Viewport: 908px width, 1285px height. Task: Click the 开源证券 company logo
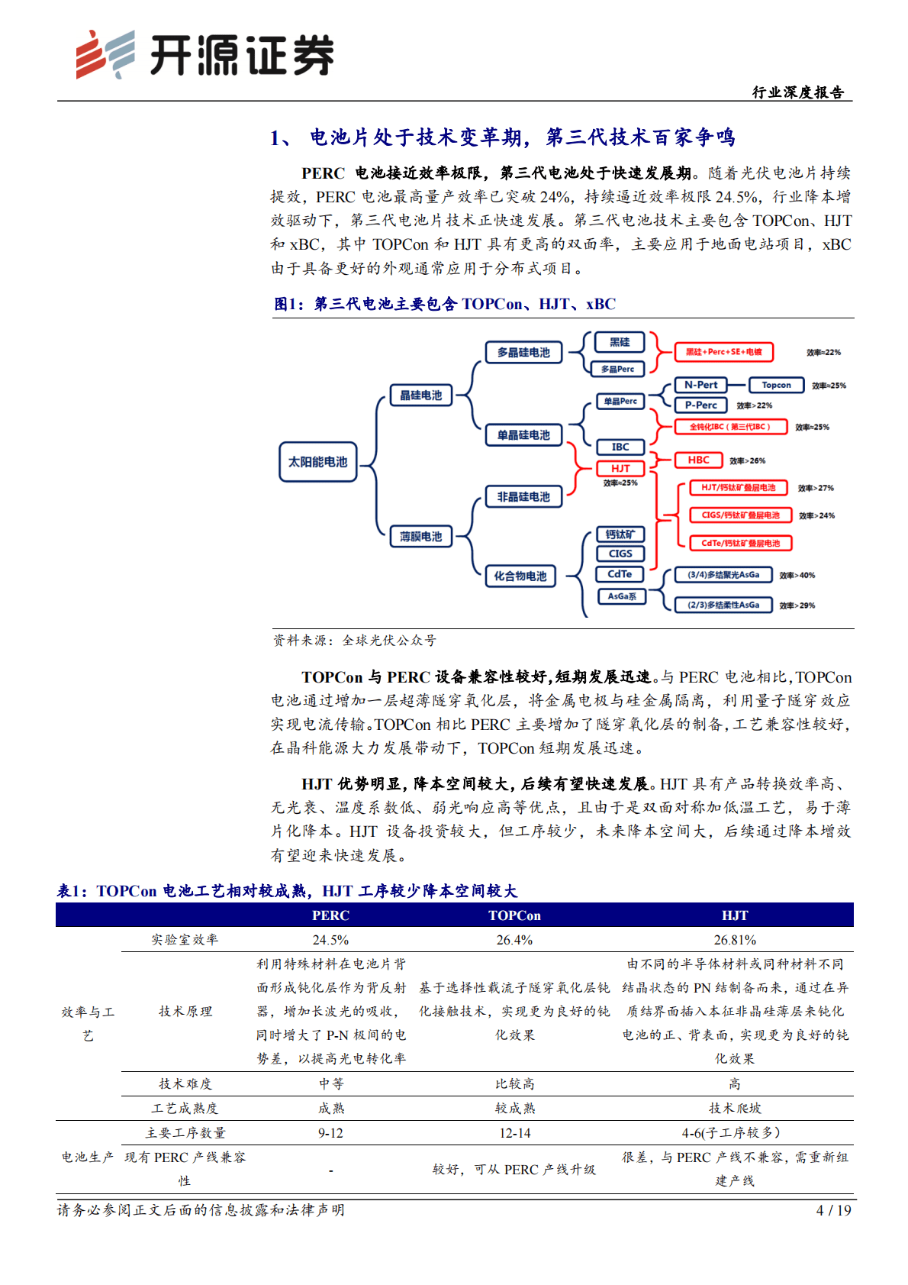tap(204, 55)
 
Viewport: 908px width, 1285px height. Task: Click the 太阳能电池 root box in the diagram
tap(317, 462)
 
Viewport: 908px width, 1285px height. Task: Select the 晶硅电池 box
tap(420, 396)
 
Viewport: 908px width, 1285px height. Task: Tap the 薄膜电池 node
tap(420, 537)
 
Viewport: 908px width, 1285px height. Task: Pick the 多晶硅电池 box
tap(523, 352)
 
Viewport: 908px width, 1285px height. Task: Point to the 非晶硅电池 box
tap(523, 496)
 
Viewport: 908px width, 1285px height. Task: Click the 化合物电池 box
tap(520, 576)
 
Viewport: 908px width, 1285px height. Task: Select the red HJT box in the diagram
tap(620, 468)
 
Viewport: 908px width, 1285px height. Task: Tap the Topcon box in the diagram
tap(776, 385)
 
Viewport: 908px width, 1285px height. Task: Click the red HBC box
tap(698, 460)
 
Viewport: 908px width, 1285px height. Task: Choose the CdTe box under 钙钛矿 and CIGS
tap(620, 574)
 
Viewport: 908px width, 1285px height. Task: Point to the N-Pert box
tap(700, 385)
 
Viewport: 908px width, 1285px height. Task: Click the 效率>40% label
tap(797, 575)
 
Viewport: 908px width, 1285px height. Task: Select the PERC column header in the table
tap(330, 915)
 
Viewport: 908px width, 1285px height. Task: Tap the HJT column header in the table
tap(735, 915)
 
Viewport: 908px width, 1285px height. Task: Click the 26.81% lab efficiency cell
tap(735, 940)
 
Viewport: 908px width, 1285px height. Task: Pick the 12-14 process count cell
tap(514, 1133)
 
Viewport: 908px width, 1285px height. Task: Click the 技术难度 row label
tap(185, 1083)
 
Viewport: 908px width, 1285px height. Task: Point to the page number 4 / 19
tap(833, 1210)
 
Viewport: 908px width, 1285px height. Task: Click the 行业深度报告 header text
tap(798, 92)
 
